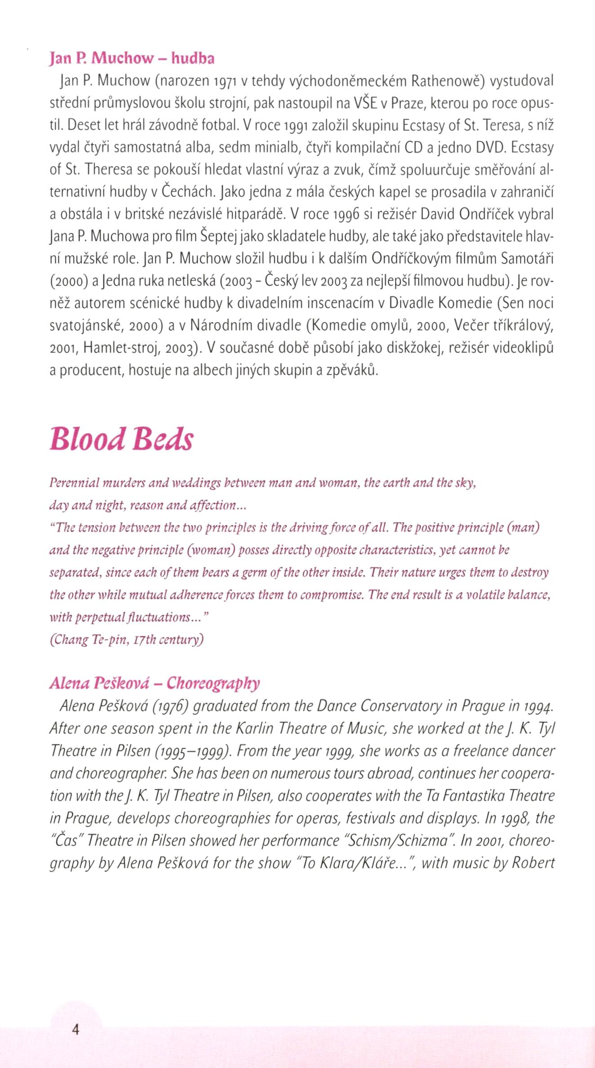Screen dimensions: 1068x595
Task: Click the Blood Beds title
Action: tap(121, 439)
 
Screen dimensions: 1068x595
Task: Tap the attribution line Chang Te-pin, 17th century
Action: tap(127, 640)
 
